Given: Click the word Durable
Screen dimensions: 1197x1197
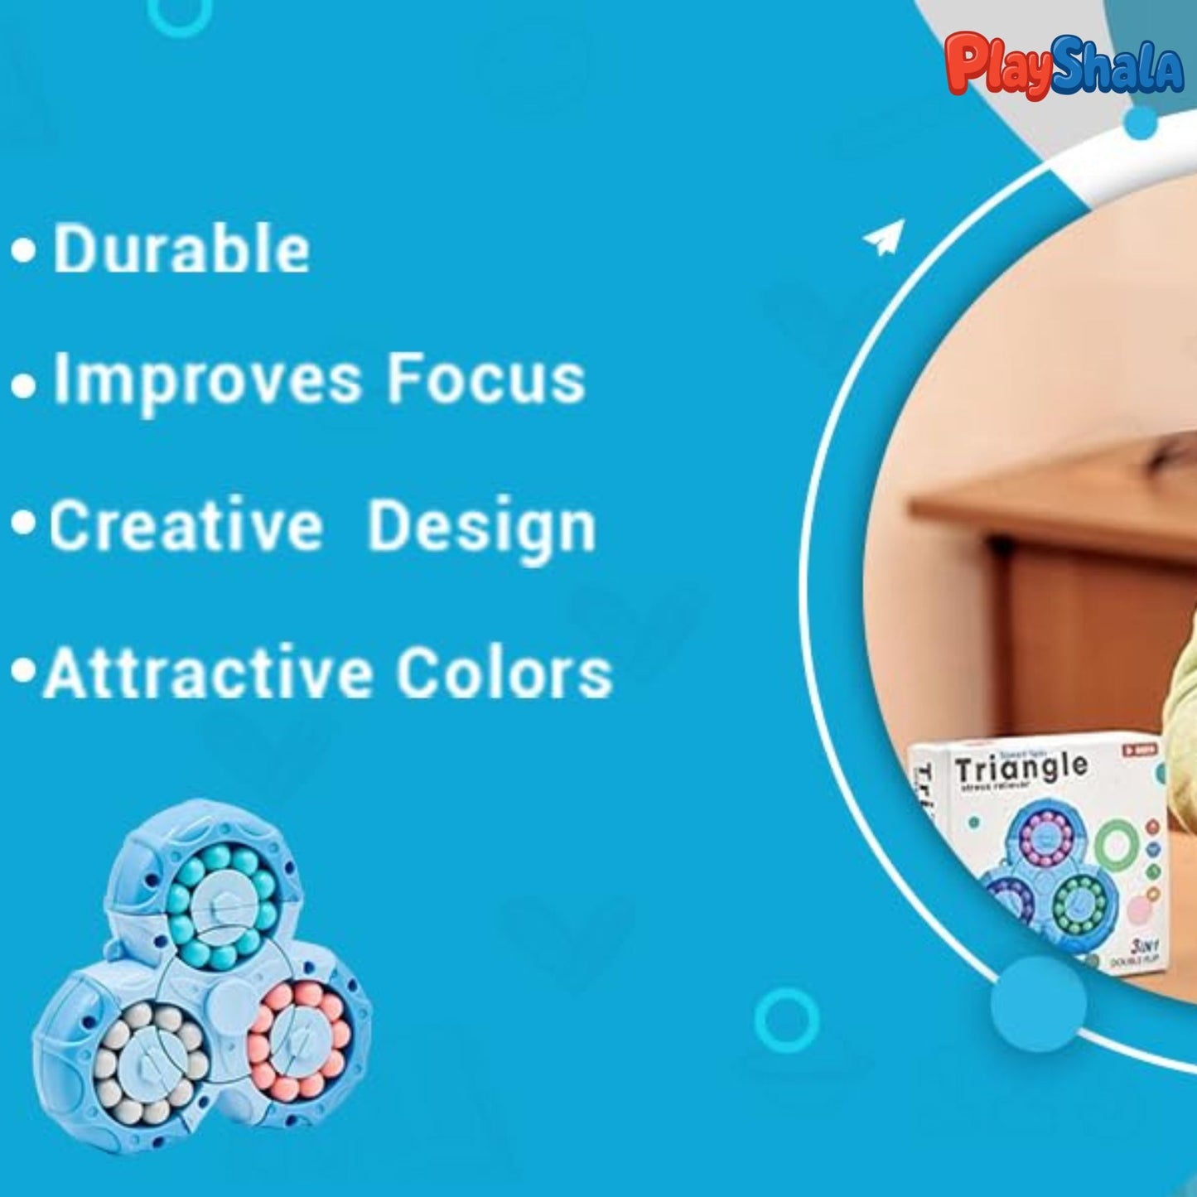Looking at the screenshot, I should click(181, 249).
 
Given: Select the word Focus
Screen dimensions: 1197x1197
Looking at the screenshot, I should click(486, 379).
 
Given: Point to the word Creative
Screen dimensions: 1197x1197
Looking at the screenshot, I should click(186, 526).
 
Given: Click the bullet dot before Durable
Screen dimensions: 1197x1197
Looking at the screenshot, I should click(24, 251).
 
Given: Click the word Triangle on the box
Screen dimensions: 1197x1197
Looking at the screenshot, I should click(1020, 769).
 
